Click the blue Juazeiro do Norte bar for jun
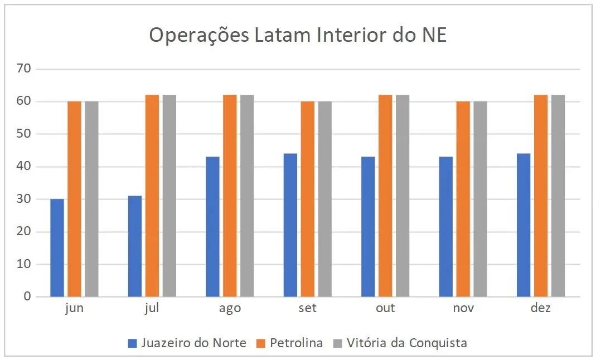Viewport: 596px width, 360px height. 57,247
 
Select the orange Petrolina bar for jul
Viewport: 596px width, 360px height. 152,196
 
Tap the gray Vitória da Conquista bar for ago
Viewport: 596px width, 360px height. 247,196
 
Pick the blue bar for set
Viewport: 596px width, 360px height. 290,225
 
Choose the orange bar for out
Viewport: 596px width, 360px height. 385,196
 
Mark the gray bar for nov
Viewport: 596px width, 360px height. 480,199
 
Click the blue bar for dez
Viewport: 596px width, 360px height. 524,225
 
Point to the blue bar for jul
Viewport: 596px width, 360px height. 135,246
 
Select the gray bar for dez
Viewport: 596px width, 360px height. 558,196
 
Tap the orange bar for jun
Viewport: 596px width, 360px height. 74,199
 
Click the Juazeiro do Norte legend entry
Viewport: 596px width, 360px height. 187,343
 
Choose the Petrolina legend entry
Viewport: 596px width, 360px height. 289,343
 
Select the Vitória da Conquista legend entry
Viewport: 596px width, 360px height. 399,343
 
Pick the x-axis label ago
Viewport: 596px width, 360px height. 230,308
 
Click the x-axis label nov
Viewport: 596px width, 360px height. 463,308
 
